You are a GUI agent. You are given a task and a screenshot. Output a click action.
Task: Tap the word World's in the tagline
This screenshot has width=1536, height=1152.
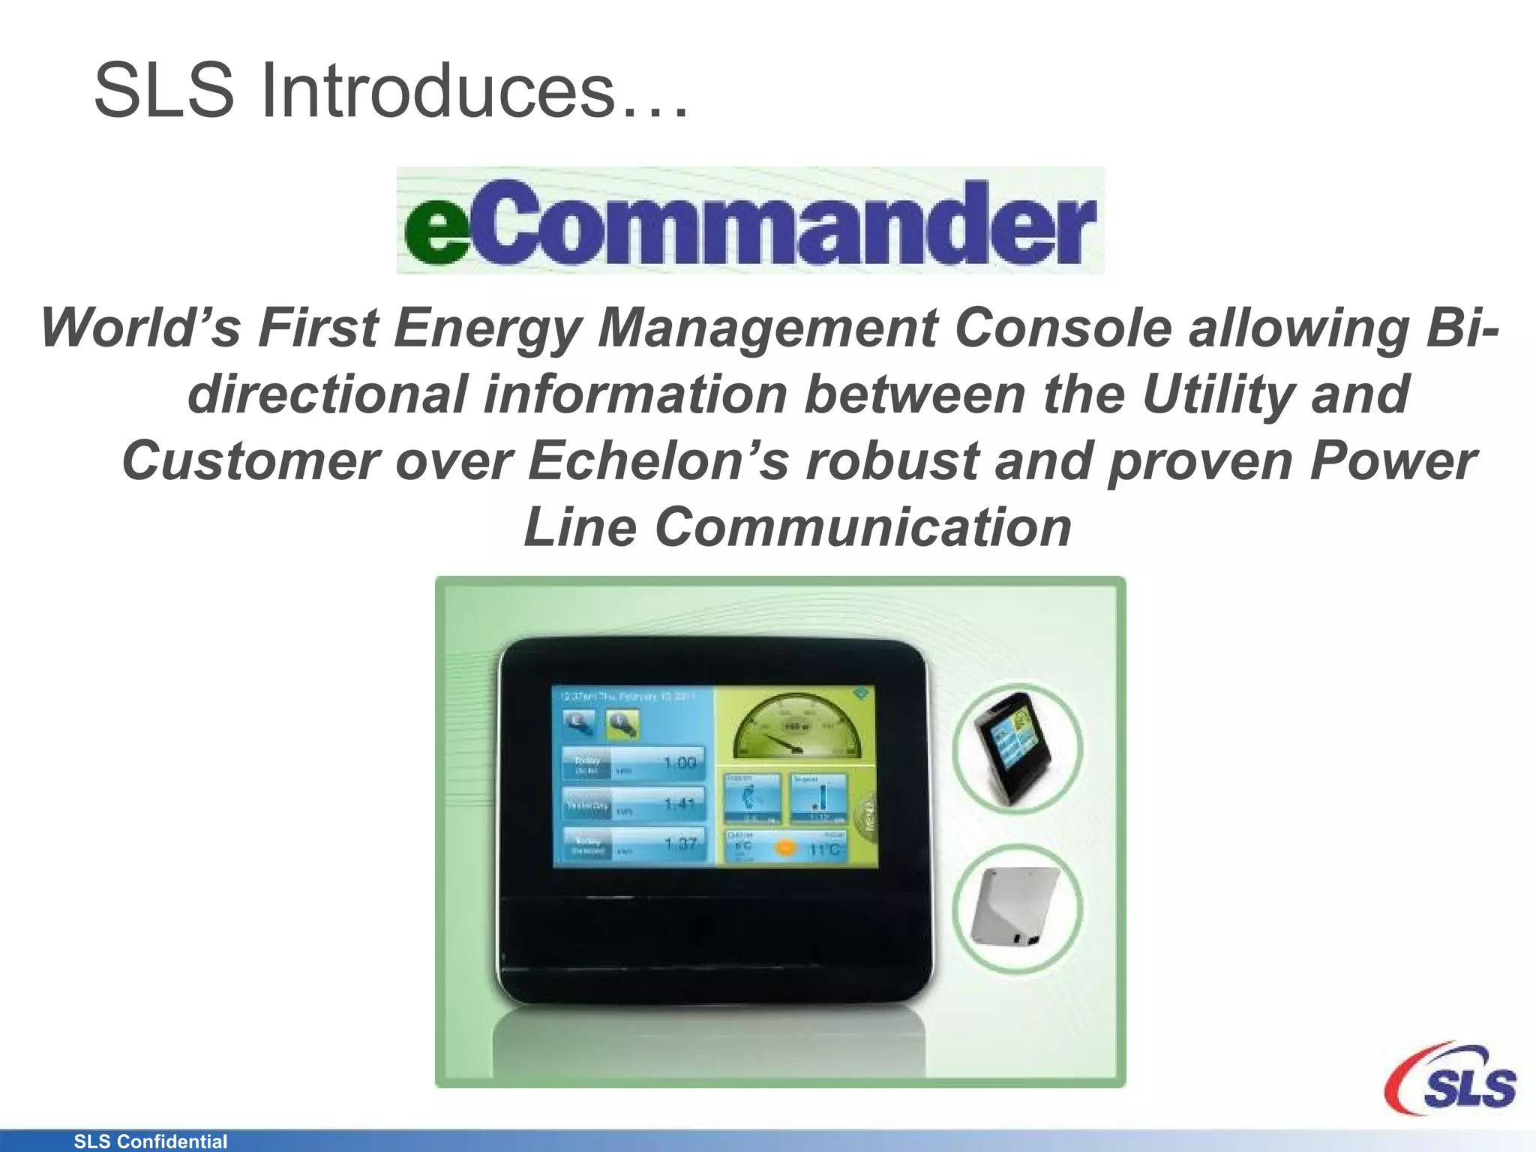pos(140,328)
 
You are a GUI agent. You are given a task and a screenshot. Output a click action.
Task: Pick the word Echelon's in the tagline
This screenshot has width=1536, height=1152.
pos(658,460)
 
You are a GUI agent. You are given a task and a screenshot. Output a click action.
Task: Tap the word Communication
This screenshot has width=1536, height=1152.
pos(863,526)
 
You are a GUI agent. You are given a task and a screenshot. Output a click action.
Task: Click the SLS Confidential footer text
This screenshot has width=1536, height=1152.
pos(150,1141)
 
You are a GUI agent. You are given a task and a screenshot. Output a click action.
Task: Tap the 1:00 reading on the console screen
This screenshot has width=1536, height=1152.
pos(679,763)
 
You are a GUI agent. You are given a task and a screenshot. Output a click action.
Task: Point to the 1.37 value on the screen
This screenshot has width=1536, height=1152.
pos(679,844)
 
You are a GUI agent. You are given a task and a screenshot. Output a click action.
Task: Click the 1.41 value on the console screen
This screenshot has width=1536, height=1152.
pos(679,803)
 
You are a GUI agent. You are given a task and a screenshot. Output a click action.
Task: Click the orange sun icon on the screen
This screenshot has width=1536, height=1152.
pos(785,847)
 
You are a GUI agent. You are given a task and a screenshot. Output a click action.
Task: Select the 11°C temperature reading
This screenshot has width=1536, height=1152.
pos(825,849)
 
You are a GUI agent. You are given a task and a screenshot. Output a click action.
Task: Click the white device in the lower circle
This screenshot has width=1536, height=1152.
pos(1015,907)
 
